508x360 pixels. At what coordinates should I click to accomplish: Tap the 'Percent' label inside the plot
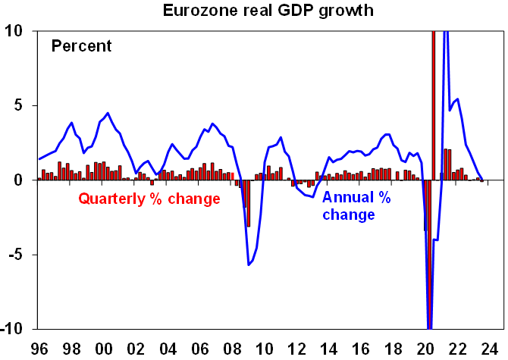(81, 46)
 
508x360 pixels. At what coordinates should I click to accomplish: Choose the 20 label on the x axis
(427, 350)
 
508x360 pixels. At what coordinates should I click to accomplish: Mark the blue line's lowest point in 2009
(248, 265)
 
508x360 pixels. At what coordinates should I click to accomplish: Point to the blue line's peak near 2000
(108, 113)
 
